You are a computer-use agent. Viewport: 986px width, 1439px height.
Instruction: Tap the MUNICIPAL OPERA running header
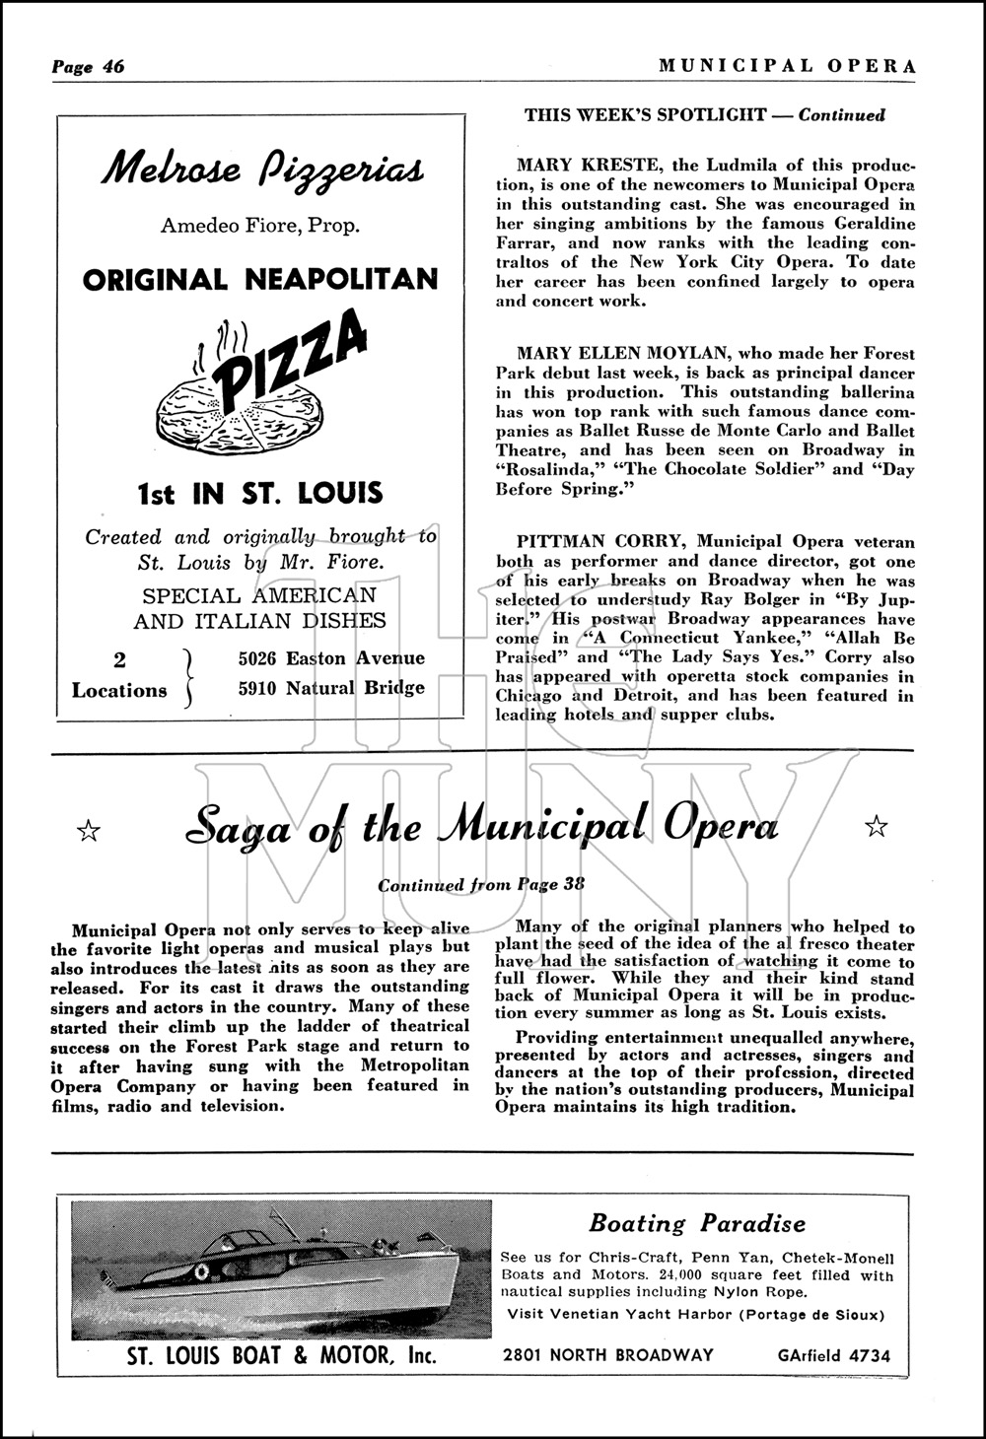click(787, 66)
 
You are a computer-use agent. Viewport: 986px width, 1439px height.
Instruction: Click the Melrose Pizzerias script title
click(262, 170)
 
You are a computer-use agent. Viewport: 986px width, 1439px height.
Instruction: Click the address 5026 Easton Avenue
click(331, 658)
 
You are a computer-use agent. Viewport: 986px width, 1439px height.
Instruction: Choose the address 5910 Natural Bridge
click(331, 688)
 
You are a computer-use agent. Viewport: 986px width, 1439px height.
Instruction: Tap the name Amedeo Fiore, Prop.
click(260, 226)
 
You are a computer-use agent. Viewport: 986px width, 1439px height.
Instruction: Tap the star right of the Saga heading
click(876, 827)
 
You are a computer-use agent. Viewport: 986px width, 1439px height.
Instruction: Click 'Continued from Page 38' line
click(481, 884)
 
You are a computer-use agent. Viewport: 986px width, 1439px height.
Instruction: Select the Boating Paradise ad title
click(696, 1224)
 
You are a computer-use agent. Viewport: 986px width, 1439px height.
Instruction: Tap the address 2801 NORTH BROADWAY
click(607, 1355)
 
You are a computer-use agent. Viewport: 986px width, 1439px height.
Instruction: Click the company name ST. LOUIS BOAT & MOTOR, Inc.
click(281, 1356)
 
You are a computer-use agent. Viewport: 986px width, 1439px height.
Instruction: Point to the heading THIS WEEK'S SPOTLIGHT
click(645, 115)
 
